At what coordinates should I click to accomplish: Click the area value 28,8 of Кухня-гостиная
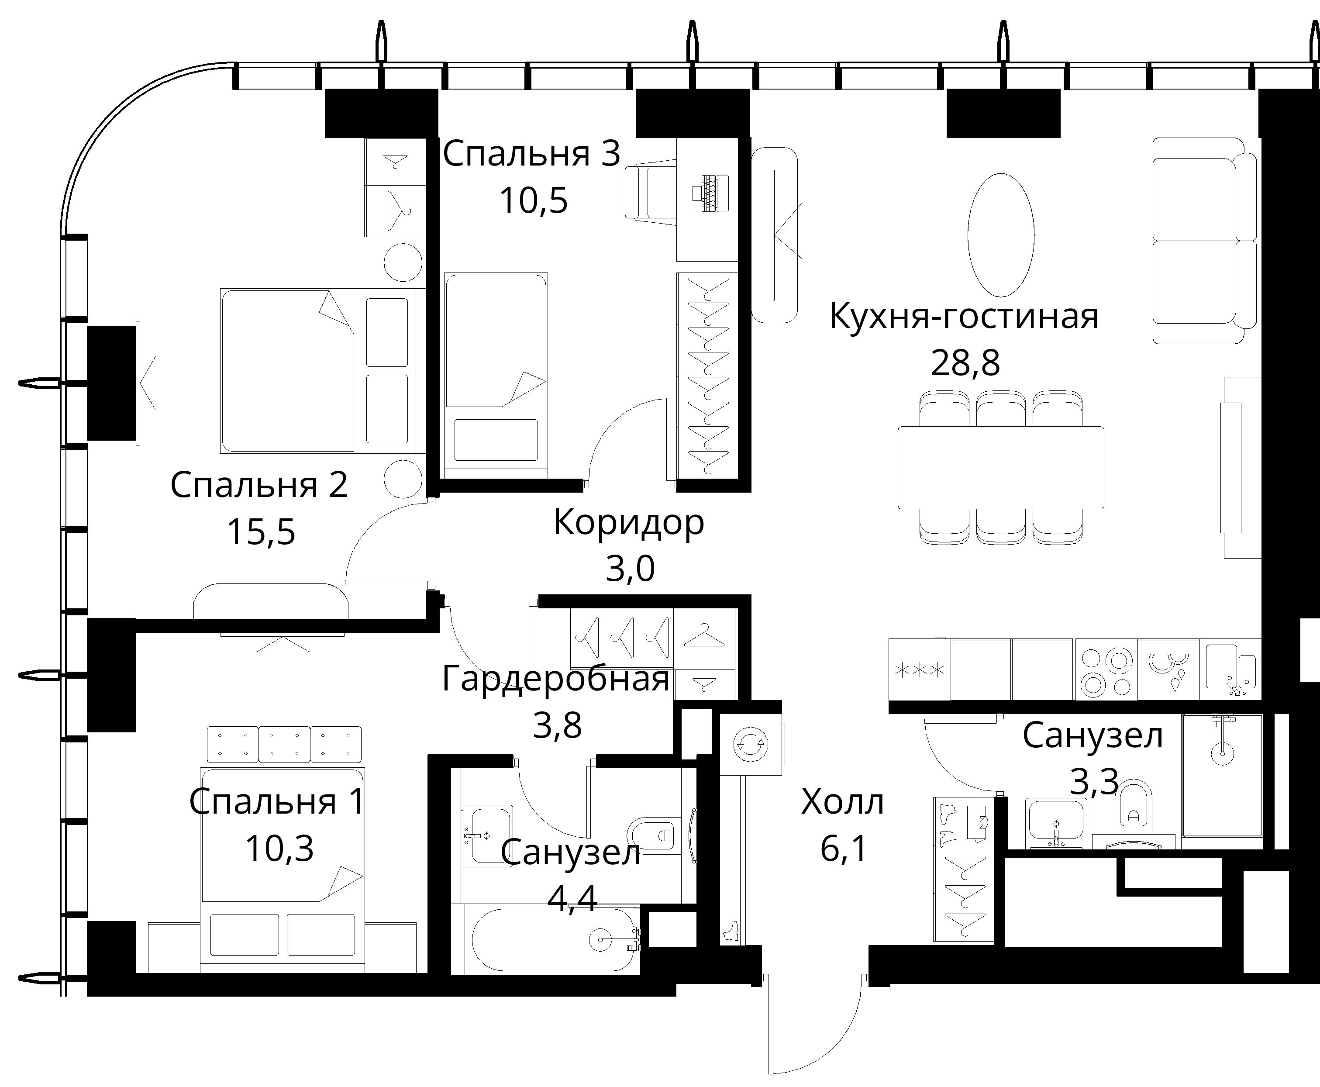tap(965, 363)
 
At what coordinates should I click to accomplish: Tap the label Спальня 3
tap(531, 154)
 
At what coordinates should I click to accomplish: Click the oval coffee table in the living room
tap(1001, 235)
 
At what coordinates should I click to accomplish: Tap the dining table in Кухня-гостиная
tap(1001, 468)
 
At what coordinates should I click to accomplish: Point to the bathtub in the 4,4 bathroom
tap(554, 940)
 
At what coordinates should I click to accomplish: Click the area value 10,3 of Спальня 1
tap(279, 849)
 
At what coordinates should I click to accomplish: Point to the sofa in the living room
tap(1205, 241)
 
